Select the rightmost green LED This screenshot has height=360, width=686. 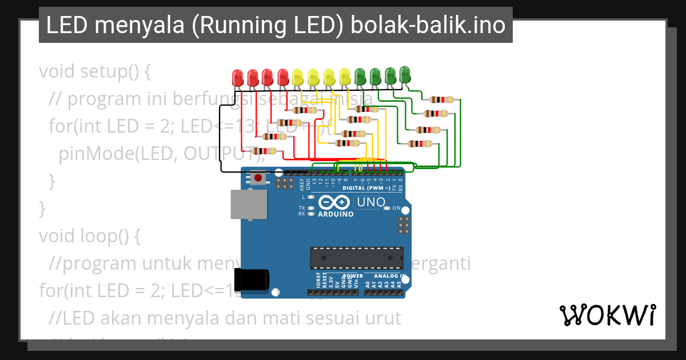[x=405, y=74]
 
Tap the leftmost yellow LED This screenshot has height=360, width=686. [x=297, y=77]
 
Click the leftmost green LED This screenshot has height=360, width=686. [x=360, y=75]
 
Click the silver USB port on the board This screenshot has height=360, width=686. [x=249, y=204]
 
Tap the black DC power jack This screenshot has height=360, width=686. [x=254, y=280]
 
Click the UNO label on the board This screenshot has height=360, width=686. [x=370, y=202]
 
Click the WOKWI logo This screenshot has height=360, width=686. [x=607, y=315]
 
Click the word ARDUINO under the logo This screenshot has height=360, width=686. [x=336, y=214]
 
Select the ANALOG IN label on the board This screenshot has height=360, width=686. [x=390, y=276]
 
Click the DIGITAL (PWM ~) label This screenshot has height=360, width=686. [x=366, y=187]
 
